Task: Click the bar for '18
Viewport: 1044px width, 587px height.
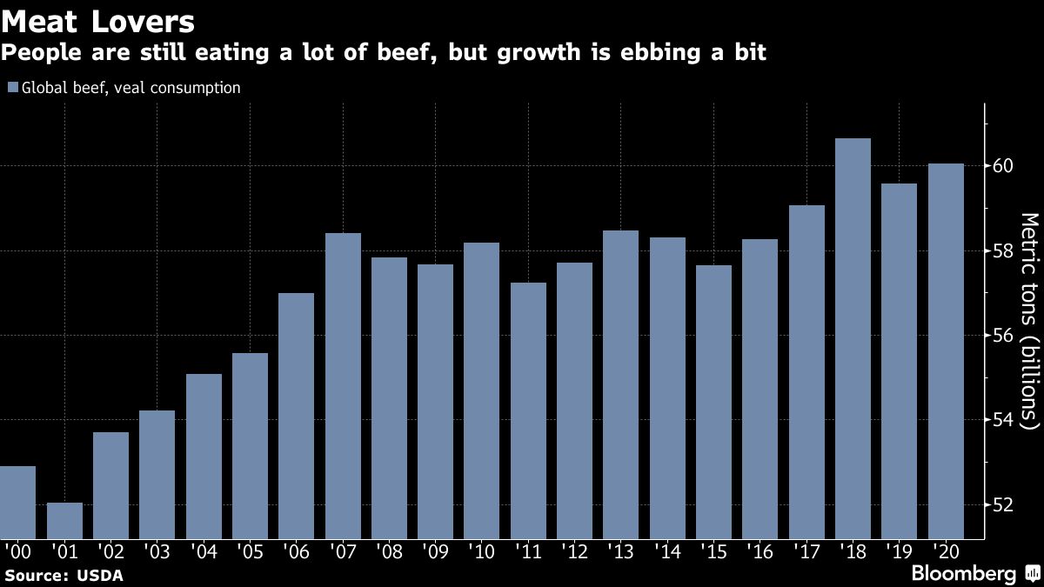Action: [853, 339]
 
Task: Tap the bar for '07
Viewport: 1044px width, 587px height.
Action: [343, 386]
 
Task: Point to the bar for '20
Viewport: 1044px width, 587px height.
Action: [946, 351]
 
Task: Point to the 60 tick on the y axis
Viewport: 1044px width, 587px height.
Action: [1001, 166]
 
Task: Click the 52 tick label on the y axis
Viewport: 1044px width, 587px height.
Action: [1001, 504]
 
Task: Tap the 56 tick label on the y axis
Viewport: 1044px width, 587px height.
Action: [1001, 336]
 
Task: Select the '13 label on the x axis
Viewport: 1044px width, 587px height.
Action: [620, 550]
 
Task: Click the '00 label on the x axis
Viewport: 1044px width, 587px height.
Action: [17, 550]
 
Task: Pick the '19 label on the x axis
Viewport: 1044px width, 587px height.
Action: [899, 550]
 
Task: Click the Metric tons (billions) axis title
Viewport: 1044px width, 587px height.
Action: [1029, 322]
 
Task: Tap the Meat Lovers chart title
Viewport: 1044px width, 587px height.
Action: [98, 19]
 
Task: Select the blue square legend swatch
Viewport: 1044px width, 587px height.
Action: [13, 88]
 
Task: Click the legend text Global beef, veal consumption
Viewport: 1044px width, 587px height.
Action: [131, 88]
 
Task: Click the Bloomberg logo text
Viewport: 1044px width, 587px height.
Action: [963, 573]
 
